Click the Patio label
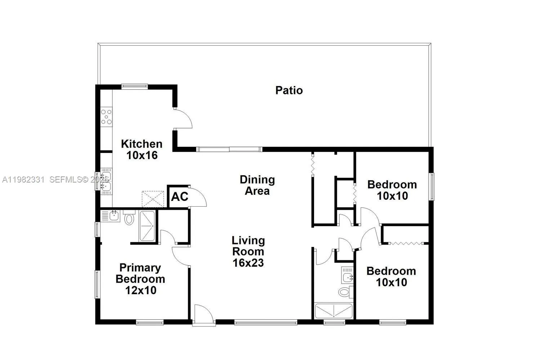coord(289,90)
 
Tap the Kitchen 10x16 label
coord(142,149)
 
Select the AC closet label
coord(179,197)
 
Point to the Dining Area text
coord(257,185)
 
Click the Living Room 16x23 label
coord(248,252)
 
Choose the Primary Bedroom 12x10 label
coord(140,279)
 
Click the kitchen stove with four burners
coord(106,117)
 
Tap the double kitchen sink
coord(106,181)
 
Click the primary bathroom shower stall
coord(147,226)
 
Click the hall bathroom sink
coord(347,277)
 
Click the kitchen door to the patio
coord(183,118)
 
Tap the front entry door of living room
coord(204,315)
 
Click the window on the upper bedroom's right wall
coord(431,186)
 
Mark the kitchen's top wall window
coord(134,86)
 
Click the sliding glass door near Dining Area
coord(229,149)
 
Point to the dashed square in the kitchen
coord(153,199)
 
